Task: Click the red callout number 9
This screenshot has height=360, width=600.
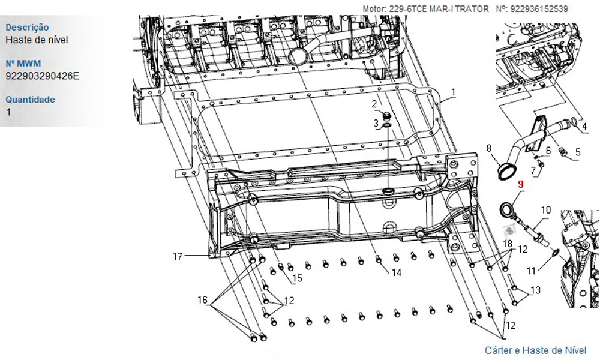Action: pyautogui.click(x=520, y=184)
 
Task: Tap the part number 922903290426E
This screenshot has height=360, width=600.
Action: pyautogui.click(x=43, y=76)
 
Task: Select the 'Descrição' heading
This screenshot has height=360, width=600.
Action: pyautogui.click(x=27, y=27)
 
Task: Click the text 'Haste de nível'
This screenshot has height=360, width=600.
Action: pyautogui.click(x=37, y=40)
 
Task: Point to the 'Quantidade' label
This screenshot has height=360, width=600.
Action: pyautogui.click(x=30, y=100)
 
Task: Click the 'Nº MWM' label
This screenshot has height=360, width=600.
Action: pyautogui.click(x=23, y=63)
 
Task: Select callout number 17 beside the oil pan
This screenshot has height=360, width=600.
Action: pyautogui.click(x=178, y=256)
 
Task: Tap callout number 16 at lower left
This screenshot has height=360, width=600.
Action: pyautogui.click(x=202, y=299)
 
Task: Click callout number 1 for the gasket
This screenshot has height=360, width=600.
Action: pyautogui.click(x=454, y=92)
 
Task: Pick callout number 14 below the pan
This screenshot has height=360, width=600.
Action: pyautogui.click(x=397, y=272)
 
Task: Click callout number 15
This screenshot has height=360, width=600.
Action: pyautogui.click(x=297, y=278)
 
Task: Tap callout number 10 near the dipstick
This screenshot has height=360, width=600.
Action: pyautogui.click(x=545, y=210)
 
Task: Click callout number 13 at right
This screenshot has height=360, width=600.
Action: pyautogui.click(x=535, y=290)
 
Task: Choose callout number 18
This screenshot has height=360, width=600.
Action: pyautogui.click(x=508, y=244)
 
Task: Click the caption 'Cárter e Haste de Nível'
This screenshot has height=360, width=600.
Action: pyautogui.click(x=535, y=350)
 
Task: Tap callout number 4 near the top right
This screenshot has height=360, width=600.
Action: pyautogui.click(x=584, y=126)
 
